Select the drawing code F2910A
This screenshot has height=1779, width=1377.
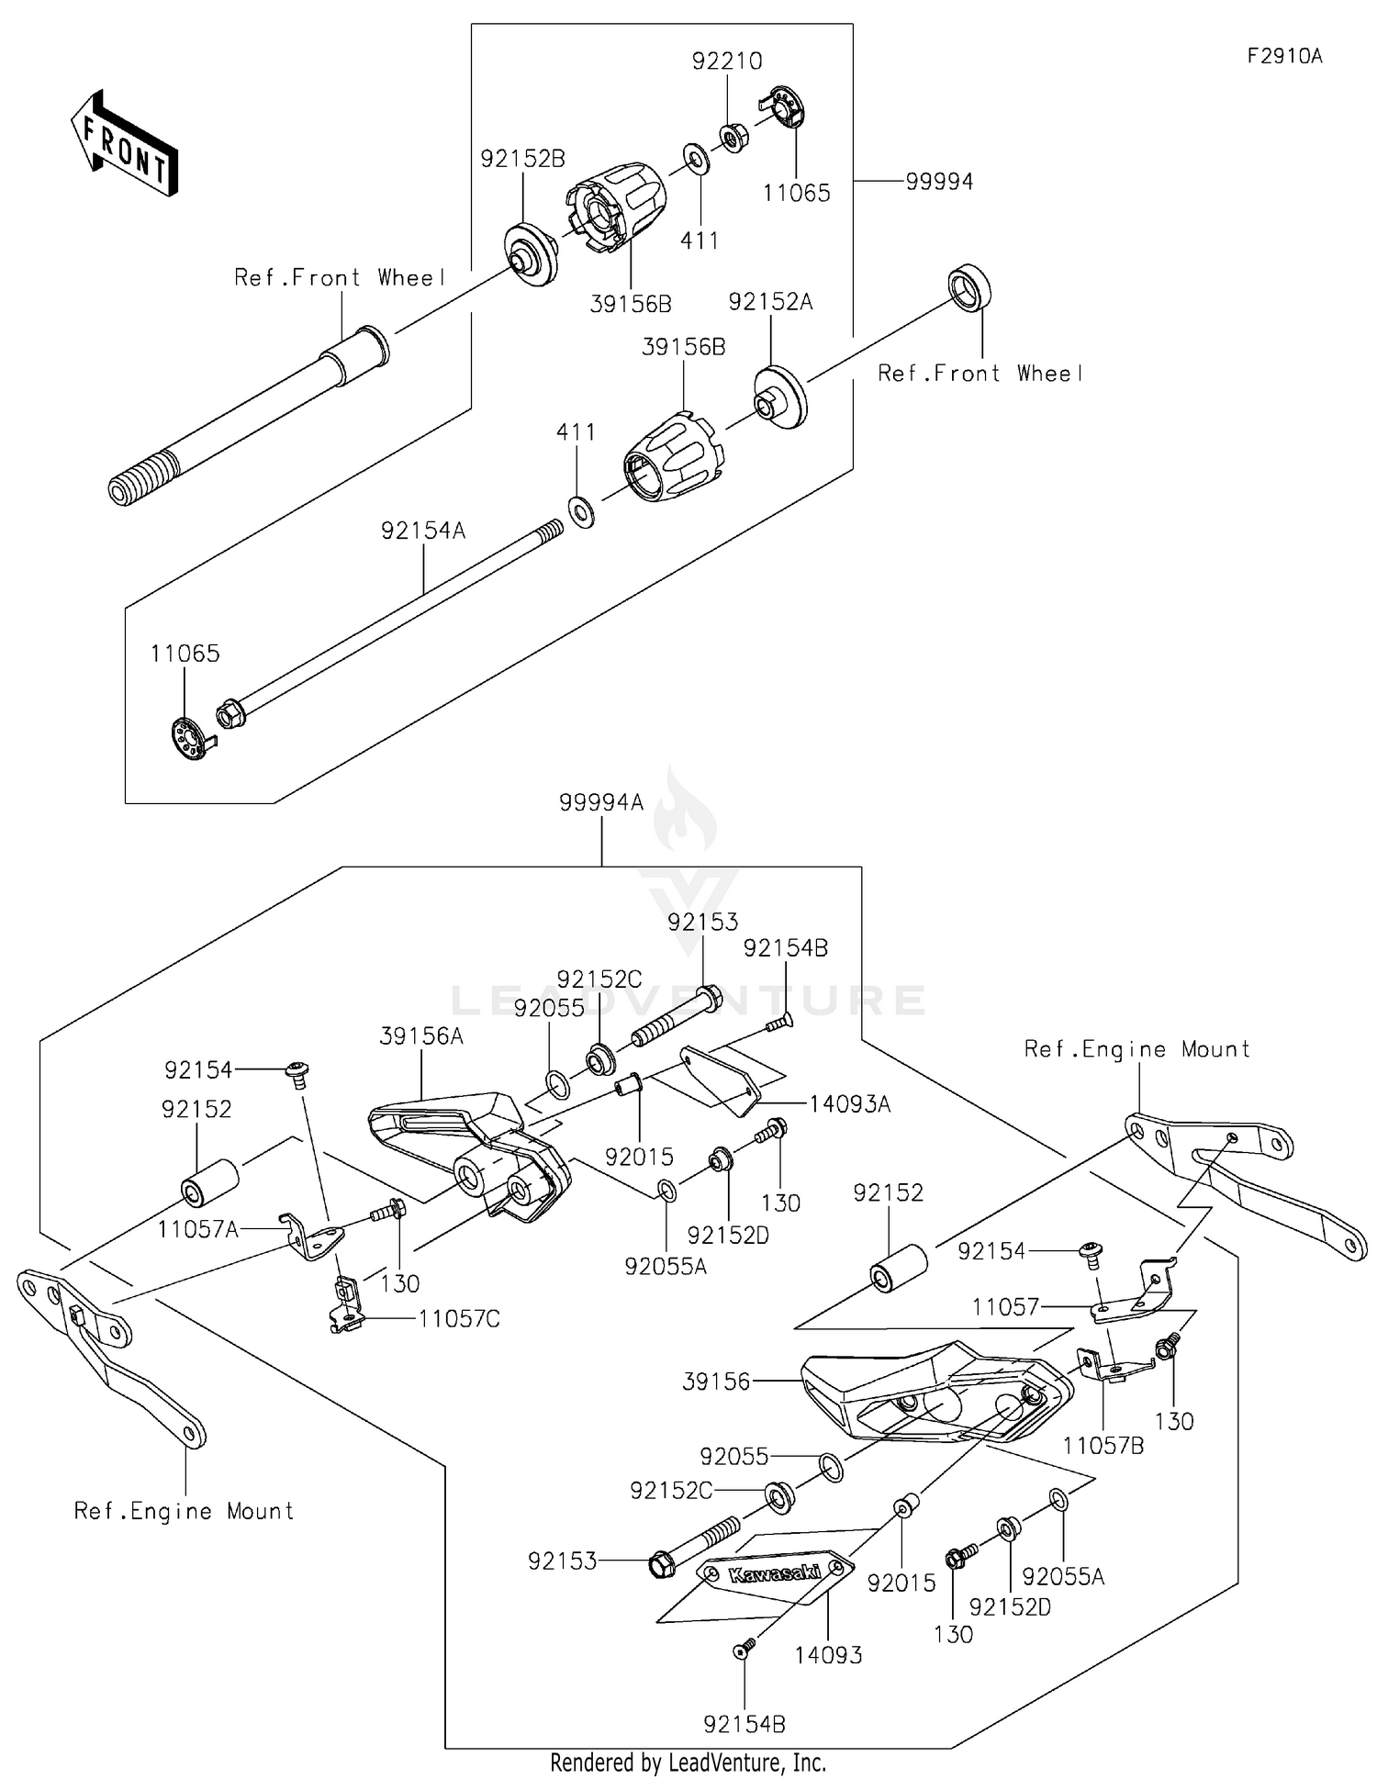click(1284, 56)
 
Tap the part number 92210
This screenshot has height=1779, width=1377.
click(727, 62)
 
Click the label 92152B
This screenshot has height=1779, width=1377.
click(522, 159)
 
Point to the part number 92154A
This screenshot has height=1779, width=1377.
click(423, 531)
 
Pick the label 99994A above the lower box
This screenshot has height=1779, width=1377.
click(601, 802)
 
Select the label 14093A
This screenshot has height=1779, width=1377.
click(849, 1103)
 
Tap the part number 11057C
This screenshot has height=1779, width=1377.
click(459, 1319)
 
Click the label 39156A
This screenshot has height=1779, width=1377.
click(421, 1036)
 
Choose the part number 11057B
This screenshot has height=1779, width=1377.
click(1103, 1445)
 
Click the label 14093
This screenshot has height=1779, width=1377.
click(828, 1654)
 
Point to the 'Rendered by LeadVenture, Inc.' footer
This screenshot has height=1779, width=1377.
click(688, 1762)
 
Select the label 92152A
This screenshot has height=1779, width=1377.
click(770, 302)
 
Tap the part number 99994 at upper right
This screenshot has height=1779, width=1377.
click(938, 182)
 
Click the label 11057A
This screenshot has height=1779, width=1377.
click(197, 1228)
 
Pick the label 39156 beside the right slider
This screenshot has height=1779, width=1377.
click(716, 1382)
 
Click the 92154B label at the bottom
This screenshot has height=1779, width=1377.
click(744, 1724)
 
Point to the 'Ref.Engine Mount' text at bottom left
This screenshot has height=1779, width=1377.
click(184, 1511)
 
